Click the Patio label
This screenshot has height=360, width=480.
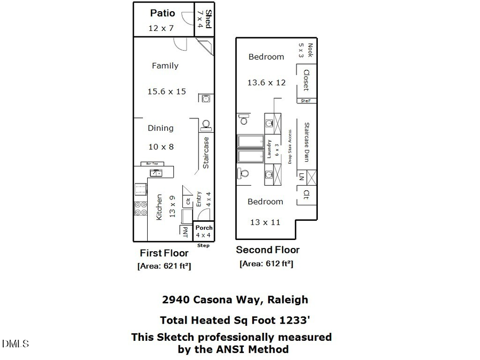(x=162, y=13)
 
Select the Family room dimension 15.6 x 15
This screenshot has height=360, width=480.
(x=166, y=91)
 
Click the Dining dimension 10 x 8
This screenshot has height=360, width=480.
(x=161, y=146)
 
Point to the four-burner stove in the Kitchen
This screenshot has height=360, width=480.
(x=141, y=208)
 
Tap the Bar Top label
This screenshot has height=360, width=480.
(x=149, y=163)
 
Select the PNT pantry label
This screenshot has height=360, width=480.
(x=185, y=232)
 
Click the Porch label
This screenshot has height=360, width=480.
(x=203, y=228)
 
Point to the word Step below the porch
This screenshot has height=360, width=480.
(x=203, y=245)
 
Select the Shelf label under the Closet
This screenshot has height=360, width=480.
(x=306, y=100)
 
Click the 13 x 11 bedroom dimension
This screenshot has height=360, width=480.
(x=265, y=222)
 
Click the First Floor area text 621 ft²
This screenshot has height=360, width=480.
(x=164, y=266)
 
